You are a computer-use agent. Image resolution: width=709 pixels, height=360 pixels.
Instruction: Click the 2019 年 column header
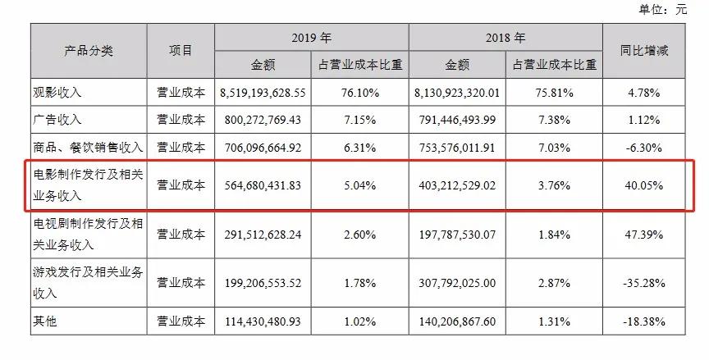click(311, 38)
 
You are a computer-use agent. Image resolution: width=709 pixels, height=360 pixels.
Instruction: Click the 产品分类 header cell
click(89, 50)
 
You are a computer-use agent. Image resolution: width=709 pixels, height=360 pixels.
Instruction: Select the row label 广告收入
click(61, 120)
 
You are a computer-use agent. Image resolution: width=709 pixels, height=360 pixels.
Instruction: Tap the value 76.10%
click(358, 93)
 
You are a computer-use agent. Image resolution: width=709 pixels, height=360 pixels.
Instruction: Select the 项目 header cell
click(181, 50)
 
